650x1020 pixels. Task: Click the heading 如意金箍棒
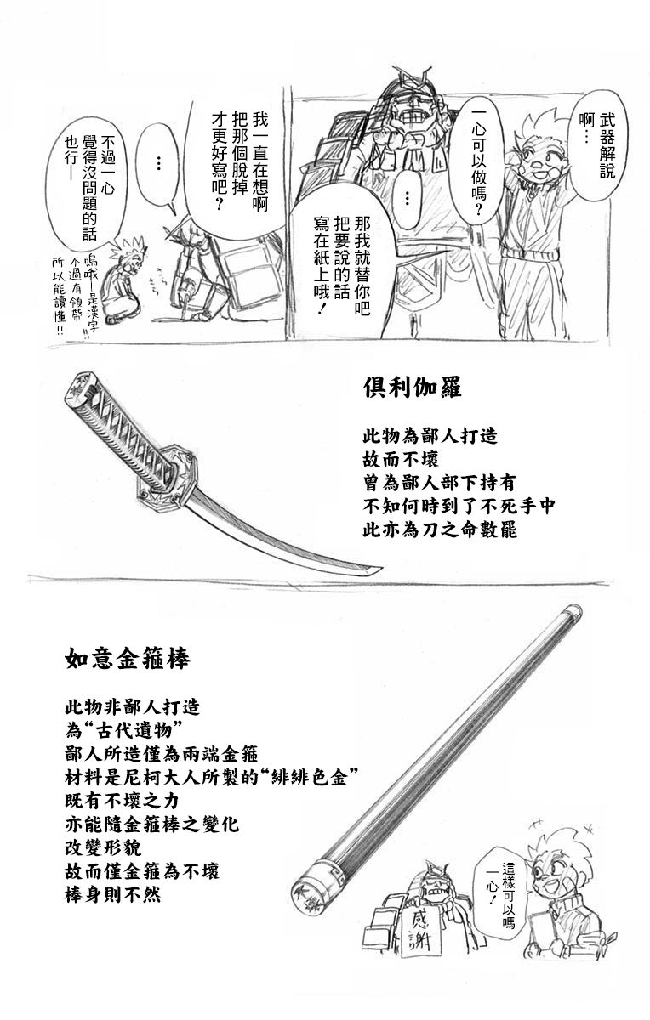pyautogui.click(x=127, y=659)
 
